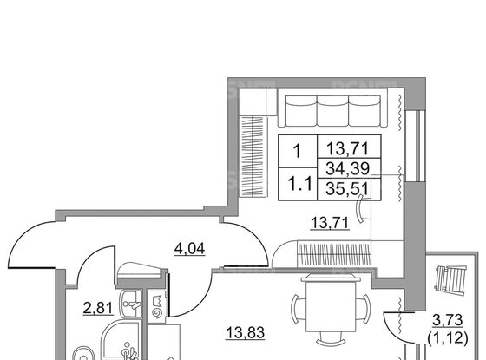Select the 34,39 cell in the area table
point(349,168)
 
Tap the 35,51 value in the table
point(349,189)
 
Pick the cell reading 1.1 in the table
point(298,184)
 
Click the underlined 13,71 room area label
point(330,223)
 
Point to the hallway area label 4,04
point(190,248)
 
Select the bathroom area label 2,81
point(98,308)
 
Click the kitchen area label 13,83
point(246,333)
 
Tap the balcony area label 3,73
point(448,320)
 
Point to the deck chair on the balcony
point(451,279)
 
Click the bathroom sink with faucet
point(132,304)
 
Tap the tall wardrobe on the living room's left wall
point(253,156)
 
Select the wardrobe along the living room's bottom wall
point(334,253)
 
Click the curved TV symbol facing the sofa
point(361,208)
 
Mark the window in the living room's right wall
point(416,146)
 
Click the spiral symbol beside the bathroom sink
point(157,312)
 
